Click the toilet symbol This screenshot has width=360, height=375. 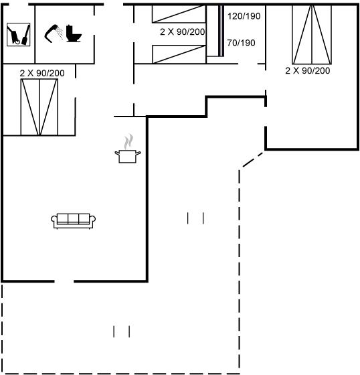coord(74,33)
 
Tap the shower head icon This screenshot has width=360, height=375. coord(54,33)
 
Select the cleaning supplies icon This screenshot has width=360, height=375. coord(19,34)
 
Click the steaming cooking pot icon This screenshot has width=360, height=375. coord(128,149)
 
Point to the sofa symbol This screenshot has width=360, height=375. coord(73,221)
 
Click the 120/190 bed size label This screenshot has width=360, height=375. coord(244,16)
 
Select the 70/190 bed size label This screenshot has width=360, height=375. coord(241,43)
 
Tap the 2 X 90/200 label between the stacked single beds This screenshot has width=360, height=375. coord(183,32)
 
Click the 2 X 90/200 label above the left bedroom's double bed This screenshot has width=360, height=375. coord(42,73)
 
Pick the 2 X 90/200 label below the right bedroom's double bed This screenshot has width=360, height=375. coord(308,70)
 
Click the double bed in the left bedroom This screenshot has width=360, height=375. coord(39,107)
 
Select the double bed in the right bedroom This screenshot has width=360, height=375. coord(312,34)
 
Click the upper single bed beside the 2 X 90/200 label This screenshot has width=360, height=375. coord(179,14)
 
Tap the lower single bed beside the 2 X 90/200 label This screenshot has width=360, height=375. coord(179,54)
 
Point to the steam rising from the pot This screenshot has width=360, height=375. coord(128,141)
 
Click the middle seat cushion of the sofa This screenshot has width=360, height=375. coord(73,218)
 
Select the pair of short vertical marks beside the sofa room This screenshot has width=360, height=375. coord(195,218)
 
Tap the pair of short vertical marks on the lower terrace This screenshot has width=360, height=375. coord(121,331)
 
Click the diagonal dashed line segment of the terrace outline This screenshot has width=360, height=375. coord(253,159)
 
